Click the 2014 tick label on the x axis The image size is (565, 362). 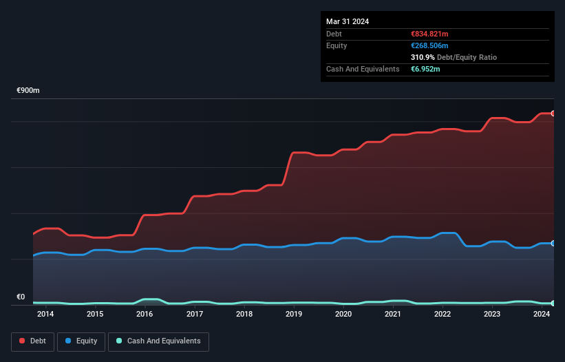pyautogui.click(x=45, y=315)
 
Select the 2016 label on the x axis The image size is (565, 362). pyautogui.click(x=145, y=315)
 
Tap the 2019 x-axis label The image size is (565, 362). pyautogui.click(x=294, y=315)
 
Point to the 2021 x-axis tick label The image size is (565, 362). pyautogui.click(x=393, y=315)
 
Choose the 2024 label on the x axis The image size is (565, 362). pyautogui.click(x=542, y=315)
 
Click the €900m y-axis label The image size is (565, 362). pyautogui.click(x=28, y=91)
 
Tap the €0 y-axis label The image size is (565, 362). pyautogui.click(x=21, y=297)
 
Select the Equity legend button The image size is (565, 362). pyautogui.click(x=82, y=341)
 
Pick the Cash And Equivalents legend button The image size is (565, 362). pyautogui.click(x=158, y=341)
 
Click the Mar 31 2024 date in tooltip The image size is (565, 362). pyautogui.click(x=348, y=21)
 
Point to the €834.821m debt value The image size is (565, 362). pyautogui.click(x=429, y=34)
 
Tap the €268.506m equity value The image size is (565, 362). pyautogui.click(x=430, y=45)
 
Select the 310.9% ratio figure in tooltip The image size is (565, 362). pyautogui.click(x=422, y=58)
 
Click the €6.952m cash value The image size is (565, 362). pyautogui.click(x=425, y=70)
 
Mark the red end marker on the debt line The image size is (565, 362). pyautogui.click(x=553, y=114)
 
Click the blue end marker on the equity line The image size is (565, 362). pyautogui.click(x=553, y=244)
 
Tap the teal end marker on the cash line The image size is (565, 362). pyautogui.click(x=553, y=304)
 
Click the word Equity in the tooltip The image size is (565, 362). pyautogui.click(x=337, y=45)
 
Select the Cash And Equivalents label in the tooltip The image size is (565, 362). pyautogui.click(x=363, y=70)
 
